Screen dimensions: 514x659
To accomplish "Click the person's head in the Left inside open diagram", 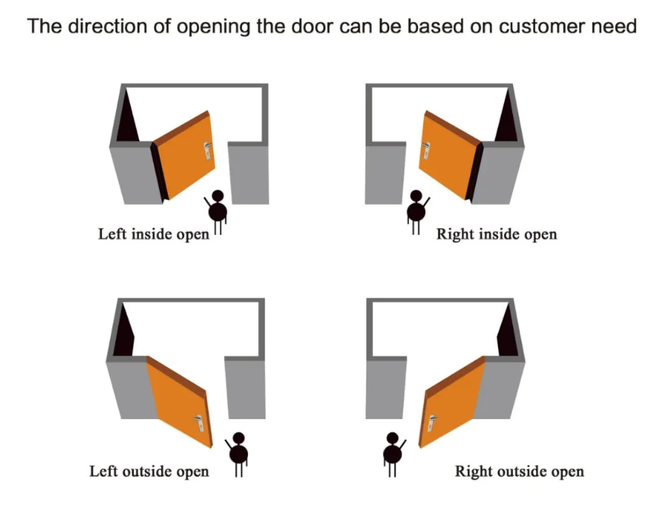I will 217,196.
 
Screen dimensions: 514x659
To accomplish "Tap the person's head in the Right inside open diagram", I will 416,197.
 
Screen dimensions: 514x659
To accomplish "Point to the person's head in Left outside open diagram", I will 238,438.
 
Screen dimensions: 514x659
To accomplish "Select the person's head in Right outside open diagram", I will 392,438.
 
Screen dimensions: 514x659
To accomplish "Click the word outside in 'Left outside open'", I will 144,471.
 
